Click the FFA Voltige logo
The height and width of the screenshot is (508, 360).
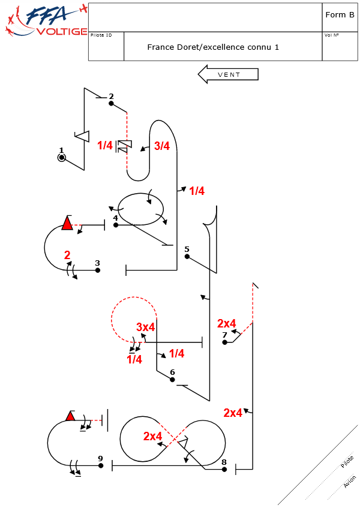pyautogui.click(x=45, y=21)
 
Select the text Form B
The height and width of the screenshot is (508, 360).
pyautogui.click(x=340, y=15)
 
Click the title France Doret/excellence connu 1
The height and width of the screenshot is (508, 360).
pyautogui.click(x=213, y=47)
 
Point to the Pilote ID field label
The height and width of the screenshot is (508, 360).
pyautogui.click(x=101, y=35)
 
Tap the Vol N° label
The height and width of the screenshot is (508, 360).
pyautogui.click(x=332, y=35)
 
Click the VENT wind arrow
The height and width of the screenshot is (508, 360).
pyautogui.click(x=228, y=74)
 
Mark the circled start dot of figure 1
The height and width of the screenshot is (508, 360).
pyautogui.click(x=61, y=158)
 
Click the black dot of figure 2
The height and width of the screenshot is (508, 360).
pyautogui.click(x=111, y=103)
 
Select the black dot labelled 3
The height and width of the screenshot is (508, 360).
pyautogui.click(x=98, y=270)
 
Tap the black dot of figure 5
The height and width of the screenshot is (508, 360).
pyautogui.click(x=187, y=256)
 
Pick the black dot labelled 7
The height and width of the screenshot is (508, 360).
pyautogui.click(x=224, y=342)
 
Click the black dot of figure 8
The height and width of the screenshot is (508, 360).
pyautogui.click(x=224, y=469)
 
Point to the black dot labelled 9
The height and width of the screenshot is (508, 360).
pyautogui.click(x=101, y=465)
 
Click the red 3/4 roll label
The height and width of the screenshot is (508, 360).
pyautogui.click(x=162, y=146)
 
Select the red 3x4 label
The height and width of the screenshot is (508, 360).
pyautogui.click(x=146, y=327)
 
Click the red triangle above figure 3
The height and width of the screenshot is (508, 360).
pyautogui.click(x=67, y=224)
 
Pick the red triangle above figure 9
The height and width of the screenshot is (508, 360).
pyautogui.click(x=70, y=416)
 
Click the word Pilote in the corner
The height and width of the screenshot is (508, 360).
pyautogui.click(x=347, y=462)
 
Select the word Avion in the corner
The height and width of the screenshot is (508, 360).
pyautogui.click(x=350, y=482)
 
